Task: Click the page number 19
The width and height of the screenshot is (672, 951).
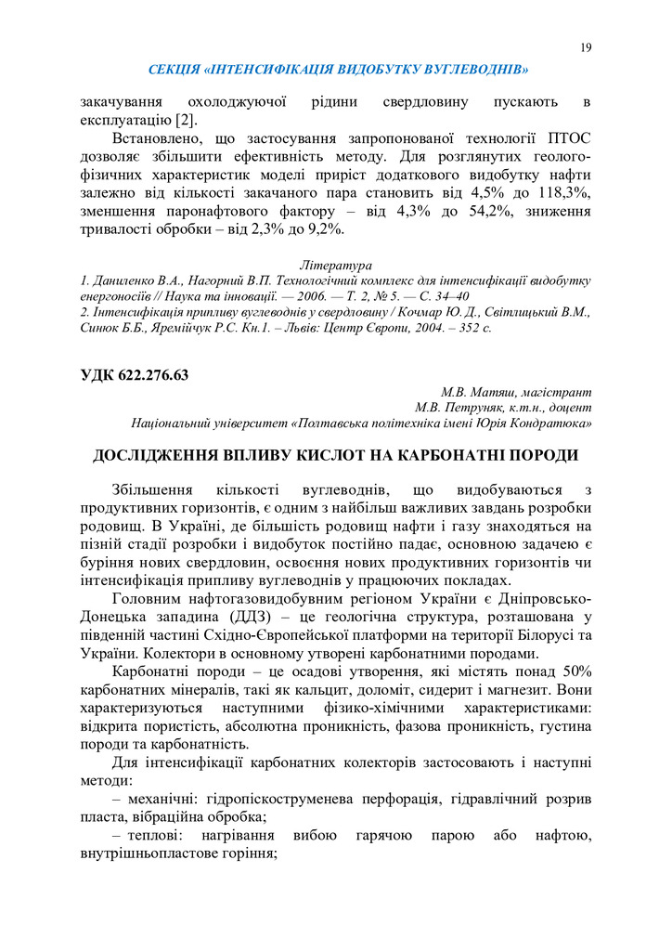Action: point(585,47)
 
